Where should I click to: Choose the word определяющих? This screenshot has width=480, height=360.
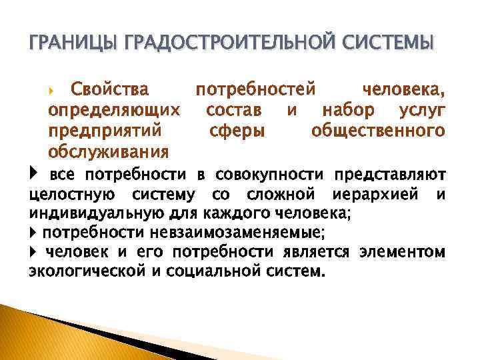tap(114, 109)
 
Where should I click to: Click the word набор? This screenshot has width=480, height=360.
tap(355, 109)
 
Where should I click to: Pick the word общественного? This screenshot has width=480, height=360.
tap(379, 130)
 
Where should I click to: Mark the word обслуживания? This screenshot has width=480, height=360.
tap(108, 151)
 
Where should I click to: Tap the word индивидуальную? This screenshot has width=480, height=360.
tap(87, 213)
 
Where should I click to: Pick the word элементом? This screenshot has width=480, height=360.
tap(404, 253)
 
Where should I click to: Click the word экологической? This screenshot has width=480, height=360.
tap(86, 272)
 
